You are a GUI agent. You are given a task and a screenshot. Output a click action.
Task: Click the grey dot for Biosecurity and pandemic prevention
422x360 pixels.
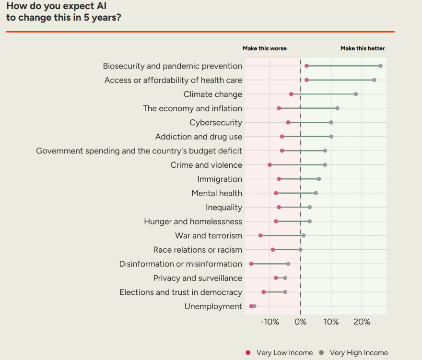pyautogui.click(x=380, y=66)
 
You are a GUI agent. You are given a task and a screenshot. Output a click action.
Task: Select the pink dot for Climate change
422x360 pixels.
pyautogui.click(x=291, y=94)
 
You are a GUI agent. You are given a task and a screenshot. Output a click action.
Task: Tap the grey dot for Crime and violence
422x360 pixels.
pyautogui.click(x=325, y=165)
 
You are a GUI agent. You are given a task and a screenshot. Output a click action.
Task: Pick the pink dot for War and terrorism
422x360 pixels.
pyautogui.click(x=260, y=235)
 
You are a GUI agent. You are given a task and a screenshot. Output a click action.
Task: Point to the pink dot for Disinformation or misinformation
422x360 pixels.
pyautogui.click(x=251, y=264)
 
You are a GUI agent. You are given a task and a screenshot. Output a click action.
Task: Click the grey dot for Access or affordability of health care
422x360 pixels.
pyautogui.click(x=374, y=80)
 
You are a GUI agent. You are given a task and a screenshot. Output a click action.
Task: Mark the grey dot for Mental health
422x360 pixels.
pyautogui.click(x=316, y=193)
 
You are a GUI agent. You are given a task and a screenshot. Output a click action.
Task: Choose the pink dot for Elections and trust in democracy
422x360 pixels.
pyautogui.click(x=263, y=292)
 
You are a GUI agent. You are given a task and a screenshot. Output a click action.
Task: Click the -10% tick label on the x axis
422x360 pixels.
pyautogui.click(x=270, y=322)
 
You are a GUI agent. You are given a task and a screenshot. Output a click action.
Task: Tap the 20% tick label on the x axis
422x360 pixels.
pyautogui.click(x=362, y=322)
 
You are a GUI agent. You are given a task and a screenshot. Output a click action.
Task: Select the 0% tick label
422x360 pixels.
pyautogui.click(x=300, y=322)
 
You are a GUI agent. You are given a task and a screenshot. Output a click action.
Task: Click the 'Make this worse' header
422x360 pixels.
pyautogui.click(x=265, y=48)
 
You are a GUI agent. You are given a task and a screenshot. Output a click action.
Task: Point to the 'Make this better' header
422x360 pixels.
pyautogui.click(x=363, y=48)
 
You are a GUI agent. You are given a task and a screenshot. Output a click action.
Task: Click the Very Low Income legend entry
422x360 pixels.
pyautogui.click(x=279, y=353)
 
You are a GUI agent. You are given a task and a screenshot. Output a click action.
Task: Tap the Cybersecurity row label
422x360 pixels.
pyautogui.click(x=216, y=123)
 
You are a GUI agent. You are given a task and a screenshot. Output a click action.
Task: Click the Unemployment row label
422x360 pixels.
pyautogui.click(x=213, y=306)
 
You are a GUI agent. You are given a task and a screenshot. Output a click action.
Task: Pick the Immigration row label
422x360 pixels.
pyautogui.click(x=220, y=179)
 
